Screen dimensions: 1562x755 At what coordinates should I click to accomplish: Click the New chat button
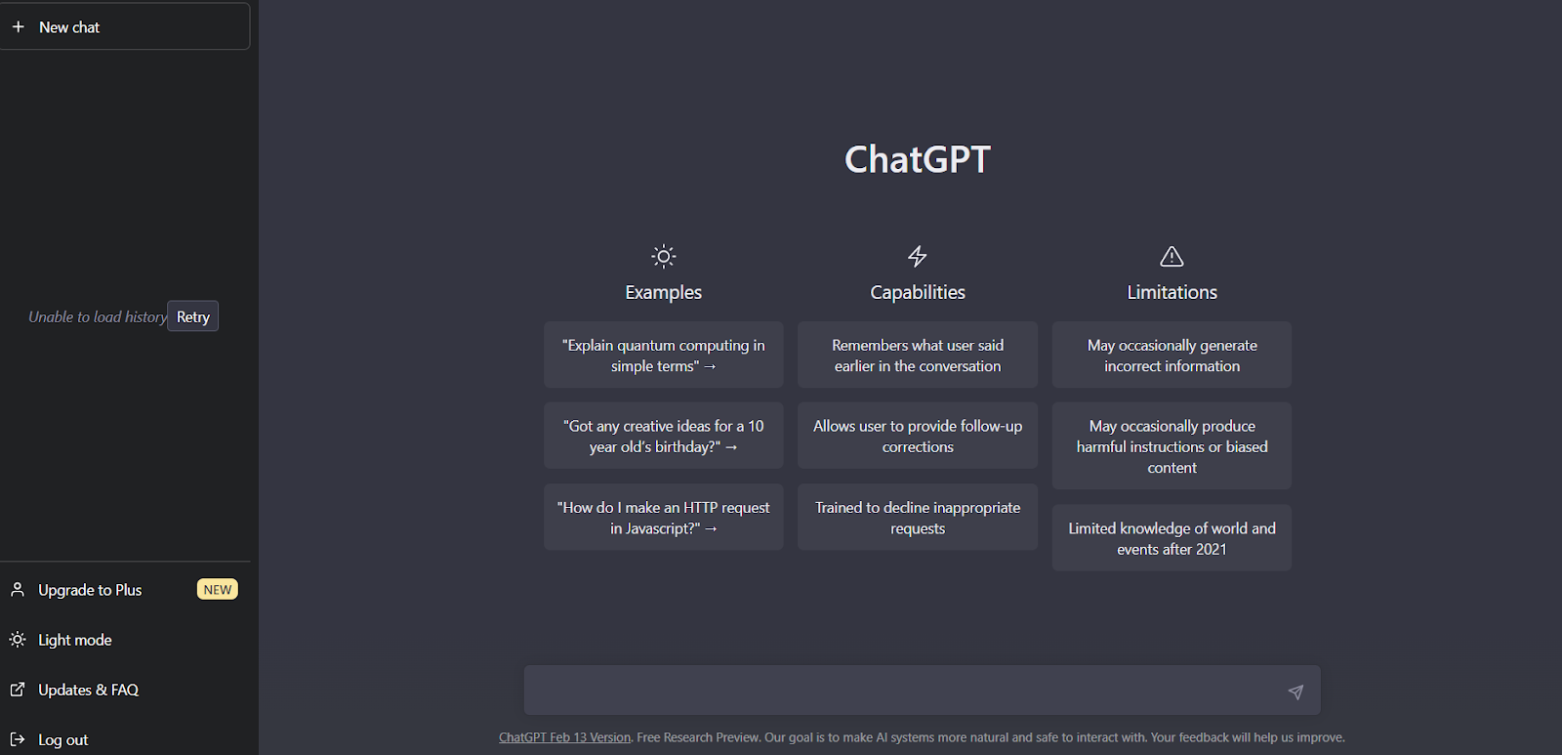(124, 26)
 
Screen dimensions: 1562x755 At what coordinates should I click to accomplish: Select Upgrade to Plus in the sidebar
(89, 590)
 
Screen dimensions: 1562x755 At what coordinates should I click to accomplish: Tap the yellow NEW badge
(218, 590)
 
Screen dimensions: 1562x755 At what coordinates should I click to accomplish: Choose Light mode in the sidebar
(74, 640)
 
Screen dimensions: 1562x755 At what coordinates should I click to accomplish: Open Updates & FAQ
(88, 690)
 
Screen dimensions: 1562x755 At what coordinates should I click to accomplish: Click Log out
(62, 739)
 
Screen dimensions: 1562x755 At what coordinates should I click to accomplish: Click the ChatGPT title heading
(918, 159)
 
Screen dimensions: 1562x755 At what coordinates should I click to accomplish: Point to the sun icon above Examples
(663, 257)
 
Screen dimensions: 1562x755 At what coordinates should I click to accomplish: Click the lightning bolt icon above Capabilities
(917, 256)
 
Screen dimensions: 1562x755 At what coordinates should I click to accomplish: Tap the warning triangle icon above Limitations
(1171, 256)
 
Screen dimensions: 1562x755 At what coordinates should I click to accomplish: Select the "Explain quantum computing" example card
(663, 355)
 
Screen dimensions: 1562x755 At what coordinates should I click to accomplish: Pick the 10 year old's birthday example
(663, 436)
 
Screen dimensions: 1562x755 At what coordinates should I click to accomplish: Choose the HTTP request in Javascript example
(663, 517)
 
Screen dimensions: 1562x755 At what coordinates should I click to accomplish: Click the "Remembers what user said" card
(918, 355)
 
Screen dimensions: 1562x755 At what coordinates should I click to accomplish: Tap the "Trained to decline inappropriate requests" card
(918, 517)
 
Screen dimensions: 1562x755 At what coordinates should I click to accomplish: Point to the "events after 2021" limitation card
(1171, 538)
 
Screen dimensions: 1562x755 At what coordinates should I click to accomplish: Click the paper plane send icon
(1295, 692)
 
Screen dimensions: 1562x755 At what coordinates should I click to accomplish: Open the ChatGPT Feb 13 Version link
(565, 737)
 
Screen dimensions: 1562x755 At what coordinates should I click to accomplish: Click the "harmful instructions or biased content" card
(1171, 446)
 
